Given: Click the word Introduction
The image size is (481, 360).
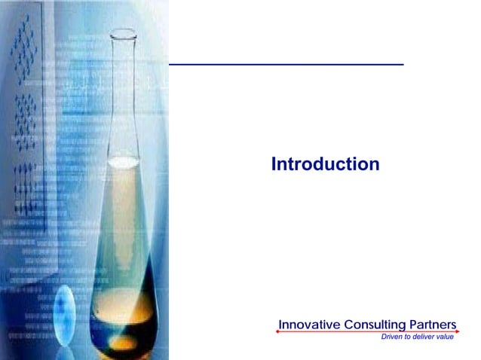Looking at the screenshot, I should pyautogui.click(x=325, y=163).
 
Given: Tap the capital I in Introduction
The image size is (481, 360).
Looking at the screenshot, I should pyautogui.click(x=273, y=163).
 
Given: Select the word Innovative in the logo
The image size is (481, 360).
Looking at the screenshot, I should pyautogui.click(x=309, y=325).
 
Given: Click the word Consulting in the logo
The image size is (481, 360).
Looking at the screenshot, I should pyautogui.click(x=374, y=325).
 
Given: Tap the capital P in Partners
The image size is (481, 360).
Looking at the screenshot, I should pyautogui.click(x=414, y=325).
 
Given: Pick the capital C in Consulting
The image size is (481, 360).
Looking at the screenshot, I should pyautogui.click(x=349, y=325).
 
